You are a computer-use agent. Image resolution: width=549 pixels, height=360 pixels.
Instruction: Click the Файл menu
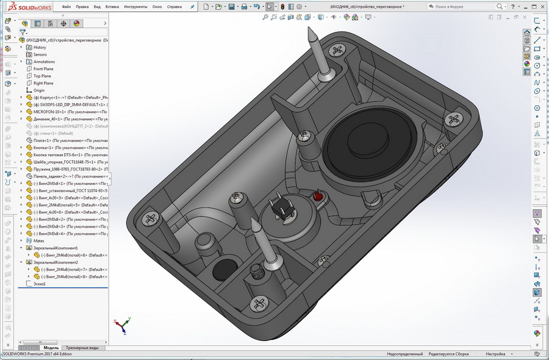(x=66, y=7)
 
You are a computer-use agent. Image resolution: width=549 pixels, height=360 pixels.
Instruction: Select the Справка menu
(x=174, y=7)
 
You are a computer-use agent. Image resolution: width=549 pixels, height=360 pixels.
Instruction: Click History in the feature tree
(x=40, y=47)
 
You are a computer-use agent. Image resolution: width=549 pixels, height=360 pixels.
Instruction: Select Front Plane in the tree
(x=43, y=69)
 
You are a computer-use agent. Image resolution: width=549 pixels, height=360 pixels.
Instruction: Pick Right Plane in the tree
(x=43, y=83)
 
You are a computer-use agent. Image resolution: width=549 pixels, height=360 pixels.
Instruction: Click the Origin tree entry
(x=39, y=90)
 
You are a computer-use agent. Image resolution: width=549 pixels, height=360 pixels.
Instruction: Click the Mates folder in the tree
(x=38, y=240)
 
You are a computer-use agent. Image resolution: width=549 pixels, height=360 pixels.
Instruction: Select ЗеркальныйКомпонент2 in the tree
(x=56, y=262)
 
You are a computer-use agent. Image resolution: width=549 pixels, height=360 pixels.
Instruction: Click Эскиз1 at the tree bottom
(x=40, y=284)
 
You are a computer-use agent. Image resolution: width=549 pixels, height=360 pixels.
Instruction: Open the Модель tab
(x=51, y=348)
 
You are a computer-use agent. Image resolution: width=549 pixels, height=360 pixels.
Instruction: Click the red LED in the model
(x=317, y=197)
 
